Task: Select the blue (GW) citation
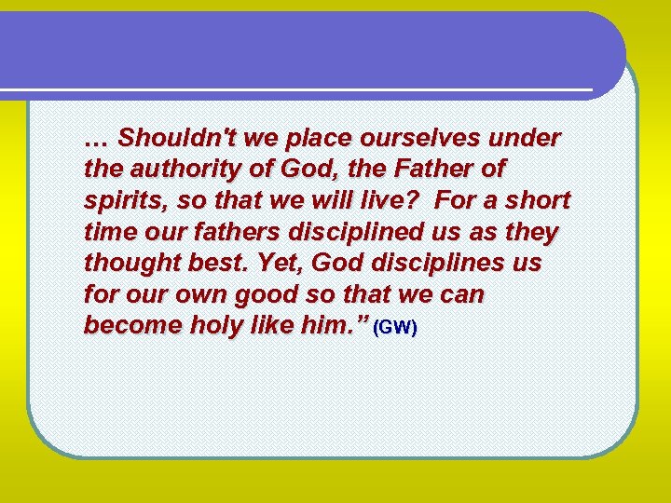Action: point(395,328)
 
